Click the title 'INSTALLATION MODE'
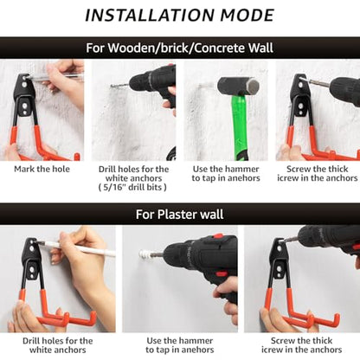click(x=179, y=16)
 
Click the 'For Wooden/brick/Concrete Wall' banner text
click(x=179, y=48)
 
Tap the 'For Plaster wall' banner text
click(x=179, y=215)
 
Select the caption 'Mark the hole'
click(x=42, y=169)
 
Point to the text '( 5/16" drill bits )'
click(x=132, y=187)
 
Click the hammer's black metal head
click(x=238, y=86)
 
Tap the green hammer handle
click(x=239, y=127)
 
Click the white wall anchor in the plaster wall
click(x=145, y=254)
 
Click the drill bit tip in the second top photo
click(x=112, y=86)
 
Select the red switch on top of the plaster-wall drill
click(x=218, y=237)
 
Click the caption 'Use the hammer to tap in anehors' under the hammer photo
click(x=226, y=174)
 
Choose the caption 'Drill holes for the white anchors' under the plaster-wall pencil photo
click(x=58, y=345)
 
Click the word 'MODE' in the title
click(x=247, y=16)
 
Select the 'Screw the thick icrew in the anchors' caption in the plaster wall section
click(x=301, y=345)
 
